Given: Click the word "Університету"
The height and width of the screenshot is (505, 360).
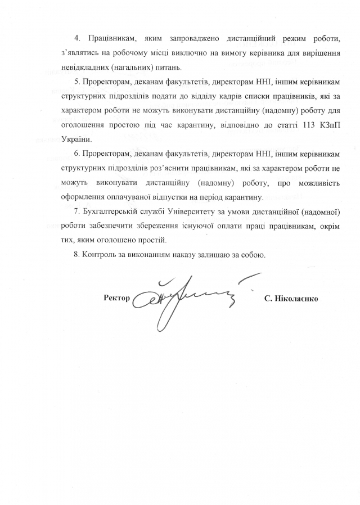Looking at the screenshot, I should pos(183,212).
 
